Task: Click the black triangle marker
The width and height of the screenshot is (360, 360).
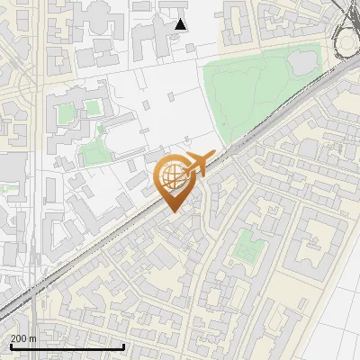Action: click(x=181, y=24)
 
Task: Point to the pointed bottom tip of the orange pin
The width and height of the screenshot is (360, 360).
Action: click(x=172, y=211)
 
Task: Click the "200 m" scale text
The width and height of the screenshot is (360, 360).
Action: click(x=23, y=338)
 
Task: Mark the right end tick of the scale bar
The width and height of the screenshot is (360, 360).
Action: click(x=123, y=346)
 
